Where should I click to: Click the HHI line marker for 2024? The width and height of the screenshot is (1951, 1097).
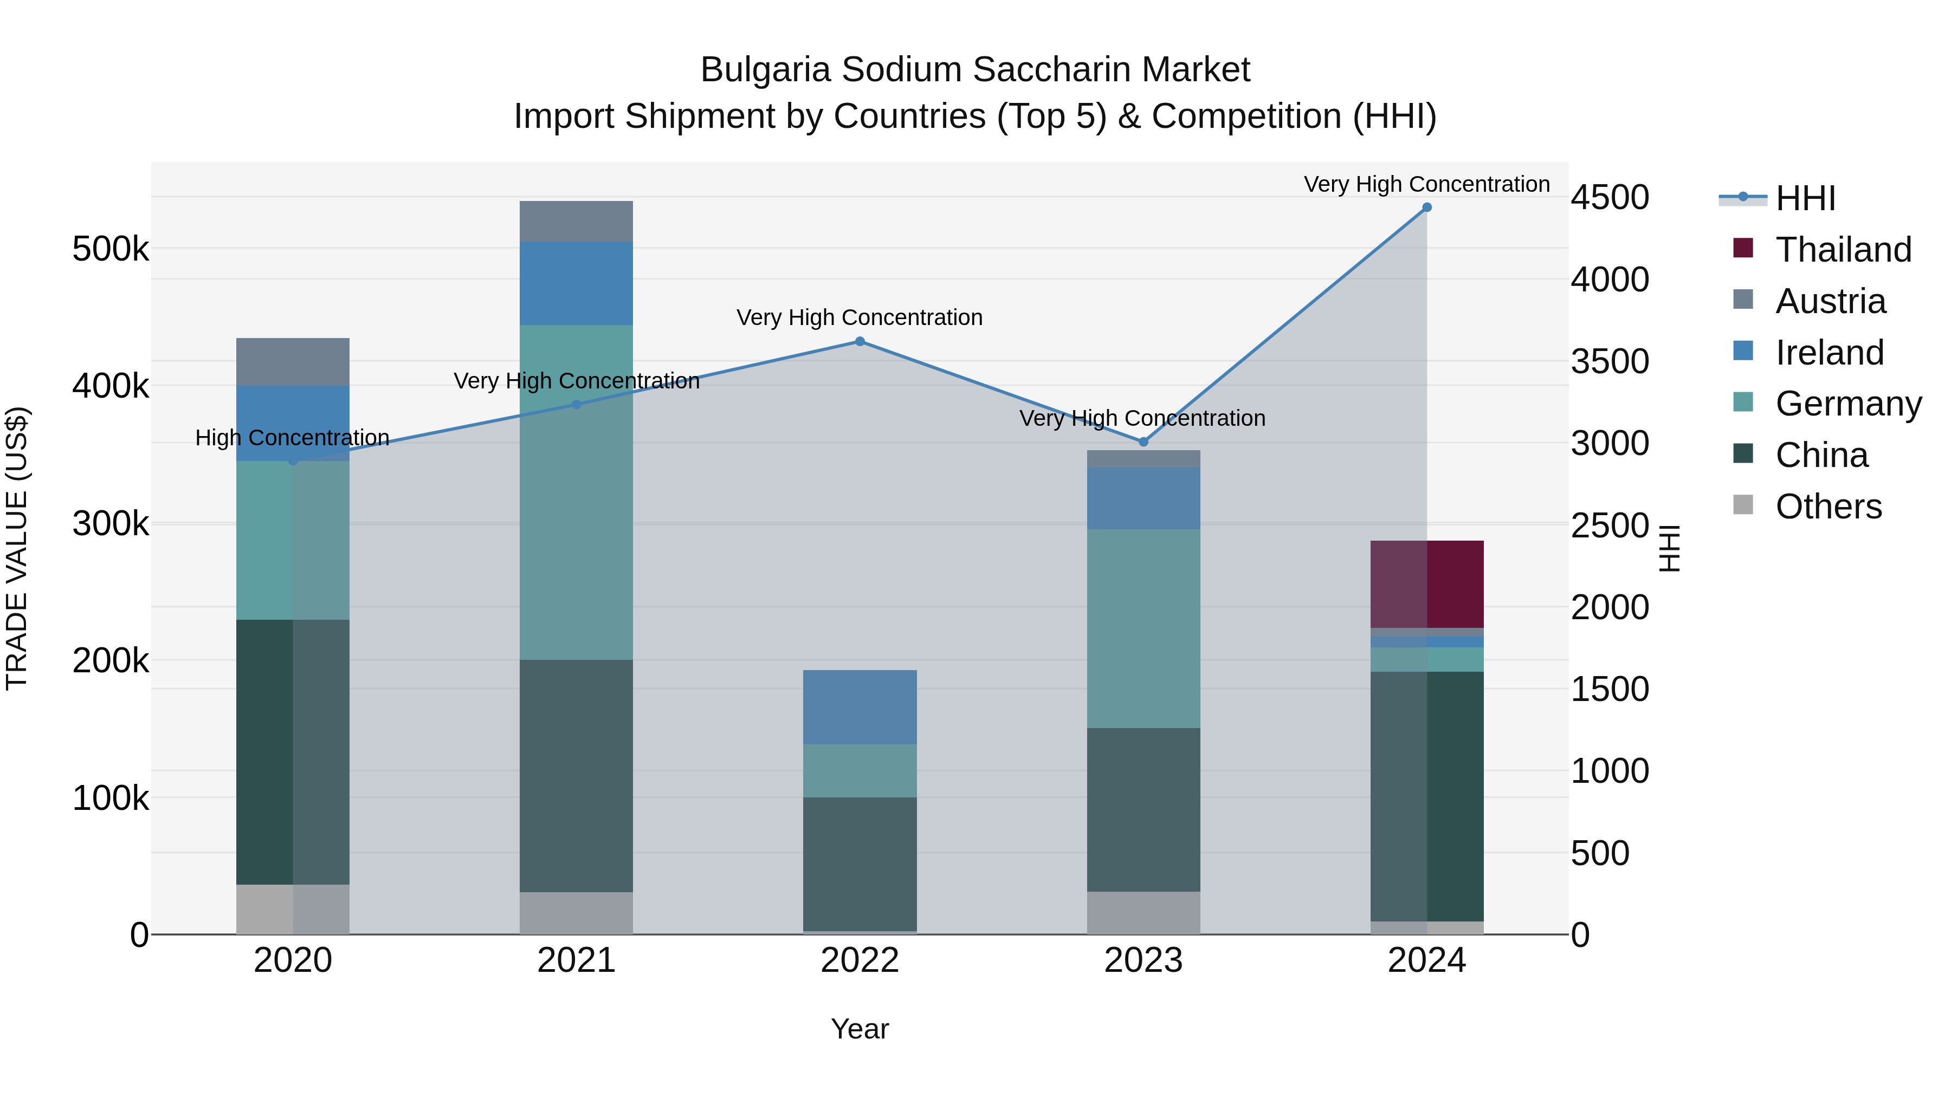[x=1427, y=207]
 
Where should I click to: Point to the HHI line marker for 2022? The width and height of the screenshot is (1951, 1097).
[x=860, y=341]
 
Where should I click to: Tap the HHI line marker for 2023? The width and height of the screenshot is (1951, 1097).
[x=1144, y=442]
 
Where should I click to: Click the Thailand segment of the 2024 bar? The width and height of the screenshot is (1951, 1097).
[x=1427, y=583]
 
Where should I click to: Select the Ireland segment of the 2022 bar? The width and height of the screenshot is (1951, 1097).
[x=860, y=707]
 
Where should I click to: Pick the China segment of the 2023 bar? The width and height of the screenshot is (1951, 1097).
[x=1144, y=809]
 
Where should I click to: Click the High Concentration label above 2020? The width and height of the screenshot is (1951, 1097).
[x=292, y=438]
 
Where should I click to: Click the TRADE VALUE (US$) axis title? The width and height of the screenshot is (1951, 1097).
[x=17, y=548]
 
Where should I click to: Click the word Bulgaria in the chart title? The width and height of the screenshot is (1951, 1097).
[x=765, y=70]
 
